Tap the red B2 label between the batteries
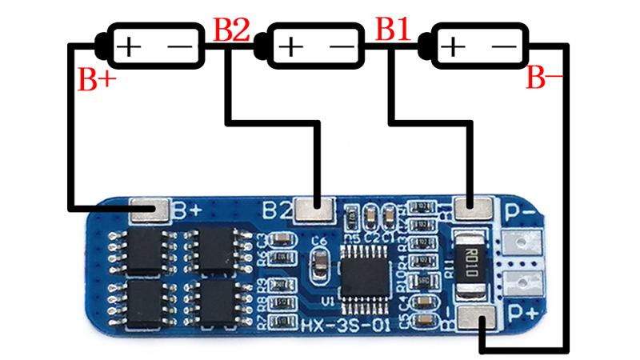(232, 30)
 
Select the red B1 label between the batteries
(394, 30)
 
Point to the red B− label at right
(545, 79)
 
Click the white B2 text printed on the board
(277, 211)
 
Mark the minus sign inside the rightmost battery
(503, 47)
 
